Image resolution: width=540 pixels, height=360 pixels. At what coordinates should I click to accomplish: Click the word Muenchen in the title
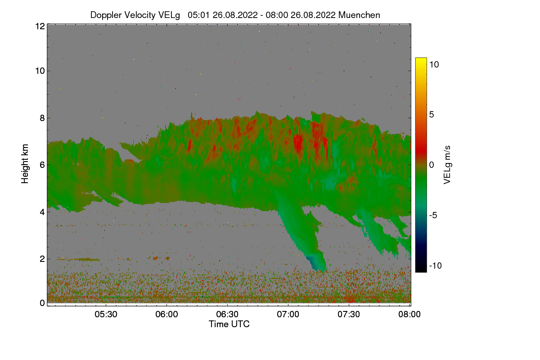[x=359, y=15]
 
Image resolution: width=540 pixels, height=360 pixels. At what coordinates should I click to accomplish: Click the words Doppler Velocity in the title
[x=118, y=15]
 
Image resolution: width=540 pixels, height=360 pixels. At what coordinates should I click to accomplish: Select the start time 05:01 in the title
[x=198, y=15]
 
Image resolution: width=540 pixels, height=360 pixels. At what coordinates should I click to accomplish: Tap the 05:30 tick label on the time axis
[x=106, y=314]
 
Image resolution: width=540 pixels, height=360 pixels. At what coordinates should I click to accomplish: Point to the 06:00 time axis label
[x=167, y=314]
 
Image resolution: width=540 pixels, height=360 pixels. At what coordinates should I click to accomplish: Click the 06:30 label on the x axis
[x=228, y=314]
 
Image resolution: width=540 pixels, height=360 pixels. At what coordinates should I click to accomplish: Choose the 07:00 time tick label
[x=288, y=314]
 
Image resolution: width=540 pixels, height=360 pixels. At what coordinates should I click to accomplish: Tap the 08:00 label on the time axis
[x=410, y=314]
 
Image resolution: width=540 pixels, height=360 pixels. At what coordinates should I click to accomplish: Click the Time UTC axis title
[x=229, y=324]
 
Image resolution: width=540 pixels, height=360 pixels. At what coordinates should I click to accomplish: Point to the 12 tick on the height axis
[x=40, y=26]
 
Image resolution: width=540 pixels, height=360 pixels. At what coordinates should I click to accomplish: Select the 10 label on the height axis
[x=40, y=71]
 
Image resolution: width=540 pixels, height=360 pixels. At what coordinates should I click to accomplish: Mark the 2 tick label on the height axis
[x=42, y=259]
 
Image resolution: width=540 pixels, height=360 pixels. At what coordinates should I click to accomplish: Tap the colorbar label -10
[x=436, y=265]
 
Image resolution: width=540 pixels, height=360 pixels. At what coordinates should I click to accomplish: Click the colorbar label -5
[x=434, y=215]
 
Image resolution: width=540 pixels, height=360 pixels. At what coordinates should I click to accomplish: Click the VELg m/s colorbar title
[x=447, y=165]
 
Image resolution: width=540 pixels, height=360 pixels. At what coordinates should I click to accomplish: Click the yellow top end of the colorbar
[x=421, y=60]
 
